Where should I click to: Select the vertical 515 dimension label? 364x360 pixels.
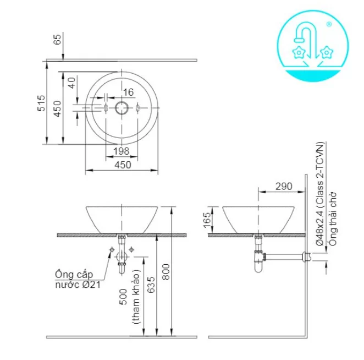[x=40, y=103]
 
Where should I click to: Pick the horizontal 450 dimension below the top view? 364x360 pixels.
[x=122, y=165]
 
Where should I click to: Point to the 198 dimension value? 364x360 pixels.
[x=122, y=151]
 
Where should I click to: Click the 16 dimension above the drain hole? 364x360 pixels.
[x=128, y=92]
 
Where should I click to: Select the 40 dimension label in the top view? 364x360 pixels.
[x=71, y=83]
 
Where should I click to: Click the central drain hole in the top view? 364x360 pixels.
[x=122, y=107]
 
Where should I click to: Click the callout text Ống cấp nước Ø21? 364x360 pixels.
[x=78, y=279]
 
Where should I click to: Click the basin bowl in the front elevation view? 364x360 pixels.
[x=122, y=219]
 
